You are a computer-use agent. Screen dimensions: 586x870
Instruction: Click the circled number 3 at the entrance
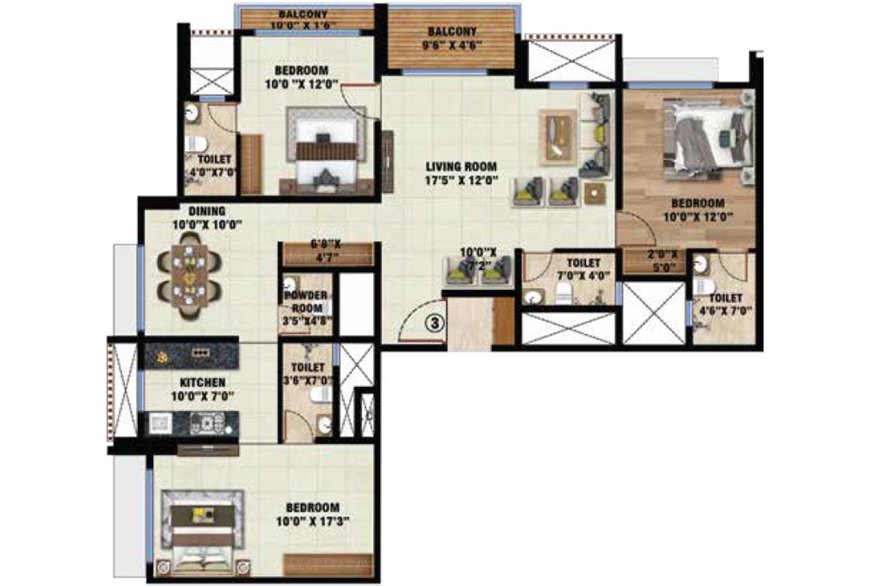[x=434, y=323]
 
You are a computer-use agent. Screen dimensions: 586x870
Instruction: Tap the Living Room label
[x=461, y=167]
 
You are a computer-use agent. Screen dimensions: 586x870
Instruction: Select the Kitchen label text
[x=202, y=382]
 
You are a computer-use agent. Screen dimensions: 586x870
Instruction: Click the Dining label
[x=207, y=211]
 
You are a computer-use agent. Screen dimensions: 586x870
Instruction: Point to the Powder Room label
[x=306, y=301]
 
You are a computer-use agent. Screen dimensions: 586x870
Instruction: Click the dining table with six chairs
[x=189, y=275]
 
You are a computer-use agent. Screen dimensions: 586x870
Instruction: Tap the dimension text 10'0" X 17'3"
[x=312, y=521]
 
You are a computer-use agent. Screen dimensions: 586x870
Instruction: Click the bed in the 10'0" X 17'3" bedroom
[x=202, y=532]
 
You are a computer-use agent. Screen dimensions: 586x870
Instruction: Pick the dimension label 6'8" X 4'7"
[x=326, y=251]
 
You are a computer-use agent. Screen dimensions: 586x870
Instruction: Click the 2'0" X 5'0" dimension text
[x=663, y=261]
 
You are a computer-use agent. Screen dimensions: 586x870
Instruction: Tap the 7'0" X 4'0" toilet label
[x=584, y=269]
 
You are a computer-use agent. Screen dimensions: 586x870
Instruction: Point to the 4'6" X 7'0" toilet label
[x=725, y=304]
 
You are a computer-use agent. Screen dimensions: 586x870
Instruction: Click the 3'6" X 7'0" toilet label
[x=308, y=374]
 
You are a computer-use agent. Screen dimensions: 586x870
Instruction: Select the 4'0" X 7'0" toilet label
[x=214, y=166]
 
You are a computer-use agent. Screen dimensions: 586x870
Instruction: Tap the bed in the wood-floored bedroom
[x=707, y=140]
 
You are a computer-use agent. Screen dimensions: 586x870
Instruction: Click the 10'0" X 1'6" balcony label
[x=303, y=20]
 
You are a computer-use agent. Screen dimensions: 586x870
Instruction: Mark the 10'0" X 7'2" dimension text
[x=478, y=259]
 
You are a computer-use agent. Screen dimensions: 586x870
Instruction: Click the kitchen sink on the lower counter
[x=160, y=423]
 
